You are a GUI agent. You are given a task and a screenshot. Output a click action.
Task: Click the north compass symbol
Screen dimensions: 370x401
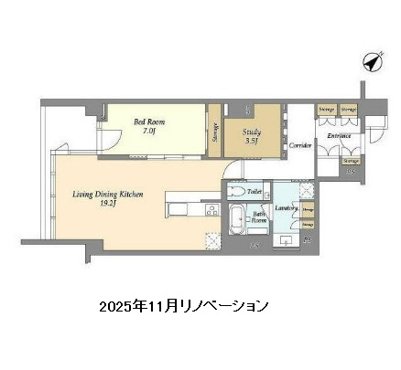pyautogui.click(x=373, y=62)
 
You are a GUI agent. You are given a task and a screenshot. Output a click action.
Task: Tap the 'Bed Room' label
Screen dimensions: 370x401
pyautogui.click(x=150, y=121)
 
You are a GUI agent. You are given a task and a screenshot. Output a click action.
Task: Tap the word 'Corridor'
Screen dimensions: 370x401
pyautogui.click(x=301, y=145)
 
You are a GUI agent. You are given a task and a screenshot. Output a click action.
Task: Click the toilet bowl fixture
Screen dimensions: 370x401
pyautogui.click(x=237, y=193)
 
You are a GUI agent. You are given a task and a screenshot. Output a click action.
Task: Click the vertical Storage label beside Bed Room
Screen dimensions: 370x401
pyautogui.click(x=214, y=135)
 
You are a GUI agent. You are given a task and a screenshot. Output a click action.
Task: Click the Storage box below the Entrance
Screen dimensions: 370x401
pyautogui.click(x=350, y=161)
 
